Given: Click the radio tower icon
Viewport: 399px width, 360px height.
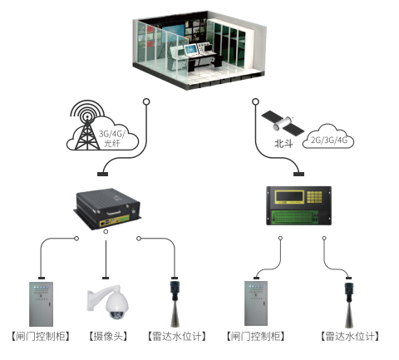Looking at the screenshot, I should click(82, 128).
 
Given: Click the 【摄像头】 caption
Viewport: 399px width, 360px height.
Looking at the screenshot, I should click(108, 337).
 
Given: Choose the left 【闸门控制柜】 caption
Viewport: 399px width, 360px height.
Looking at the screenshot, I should click(41, 337).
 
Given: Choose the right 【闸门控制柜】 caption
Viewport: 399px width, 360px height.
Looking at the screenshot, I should click(255, 337).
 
